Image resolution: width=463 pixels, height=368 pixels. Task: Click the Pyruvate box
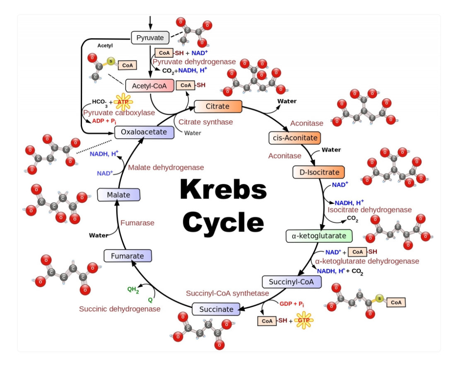[150, 38]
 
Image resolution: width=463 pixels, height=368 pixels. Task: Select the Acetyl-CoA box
[149, 86]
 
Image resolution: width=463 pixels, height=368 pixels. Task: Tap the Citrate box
[217, 107]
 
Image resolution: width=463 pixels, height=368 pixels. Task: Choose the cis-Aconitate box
[295, 138]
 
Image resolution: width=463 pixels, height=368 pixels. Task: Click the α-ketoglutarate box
[319, 236]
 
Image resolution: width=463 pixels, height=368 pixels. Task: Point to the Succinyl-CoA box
[292, 282]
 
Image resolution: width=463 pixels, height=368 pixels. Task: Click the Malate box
[118, 195]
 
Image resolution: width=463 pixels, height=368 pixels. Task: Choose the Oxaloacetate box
[144, 132]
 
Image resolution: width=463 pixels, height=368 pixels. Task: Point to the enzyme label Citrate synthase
[205, 122]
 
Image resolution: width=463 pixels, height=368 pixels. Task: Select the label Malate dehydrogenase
[166, 167]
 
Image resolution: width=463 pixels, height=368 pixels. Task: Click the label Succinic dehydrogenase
[120, 309]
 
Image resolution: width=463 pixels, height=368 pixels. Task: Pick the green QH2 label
[133, 291]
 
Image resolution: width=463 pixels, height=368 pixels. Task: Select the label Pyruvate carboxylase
[119, 113]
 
